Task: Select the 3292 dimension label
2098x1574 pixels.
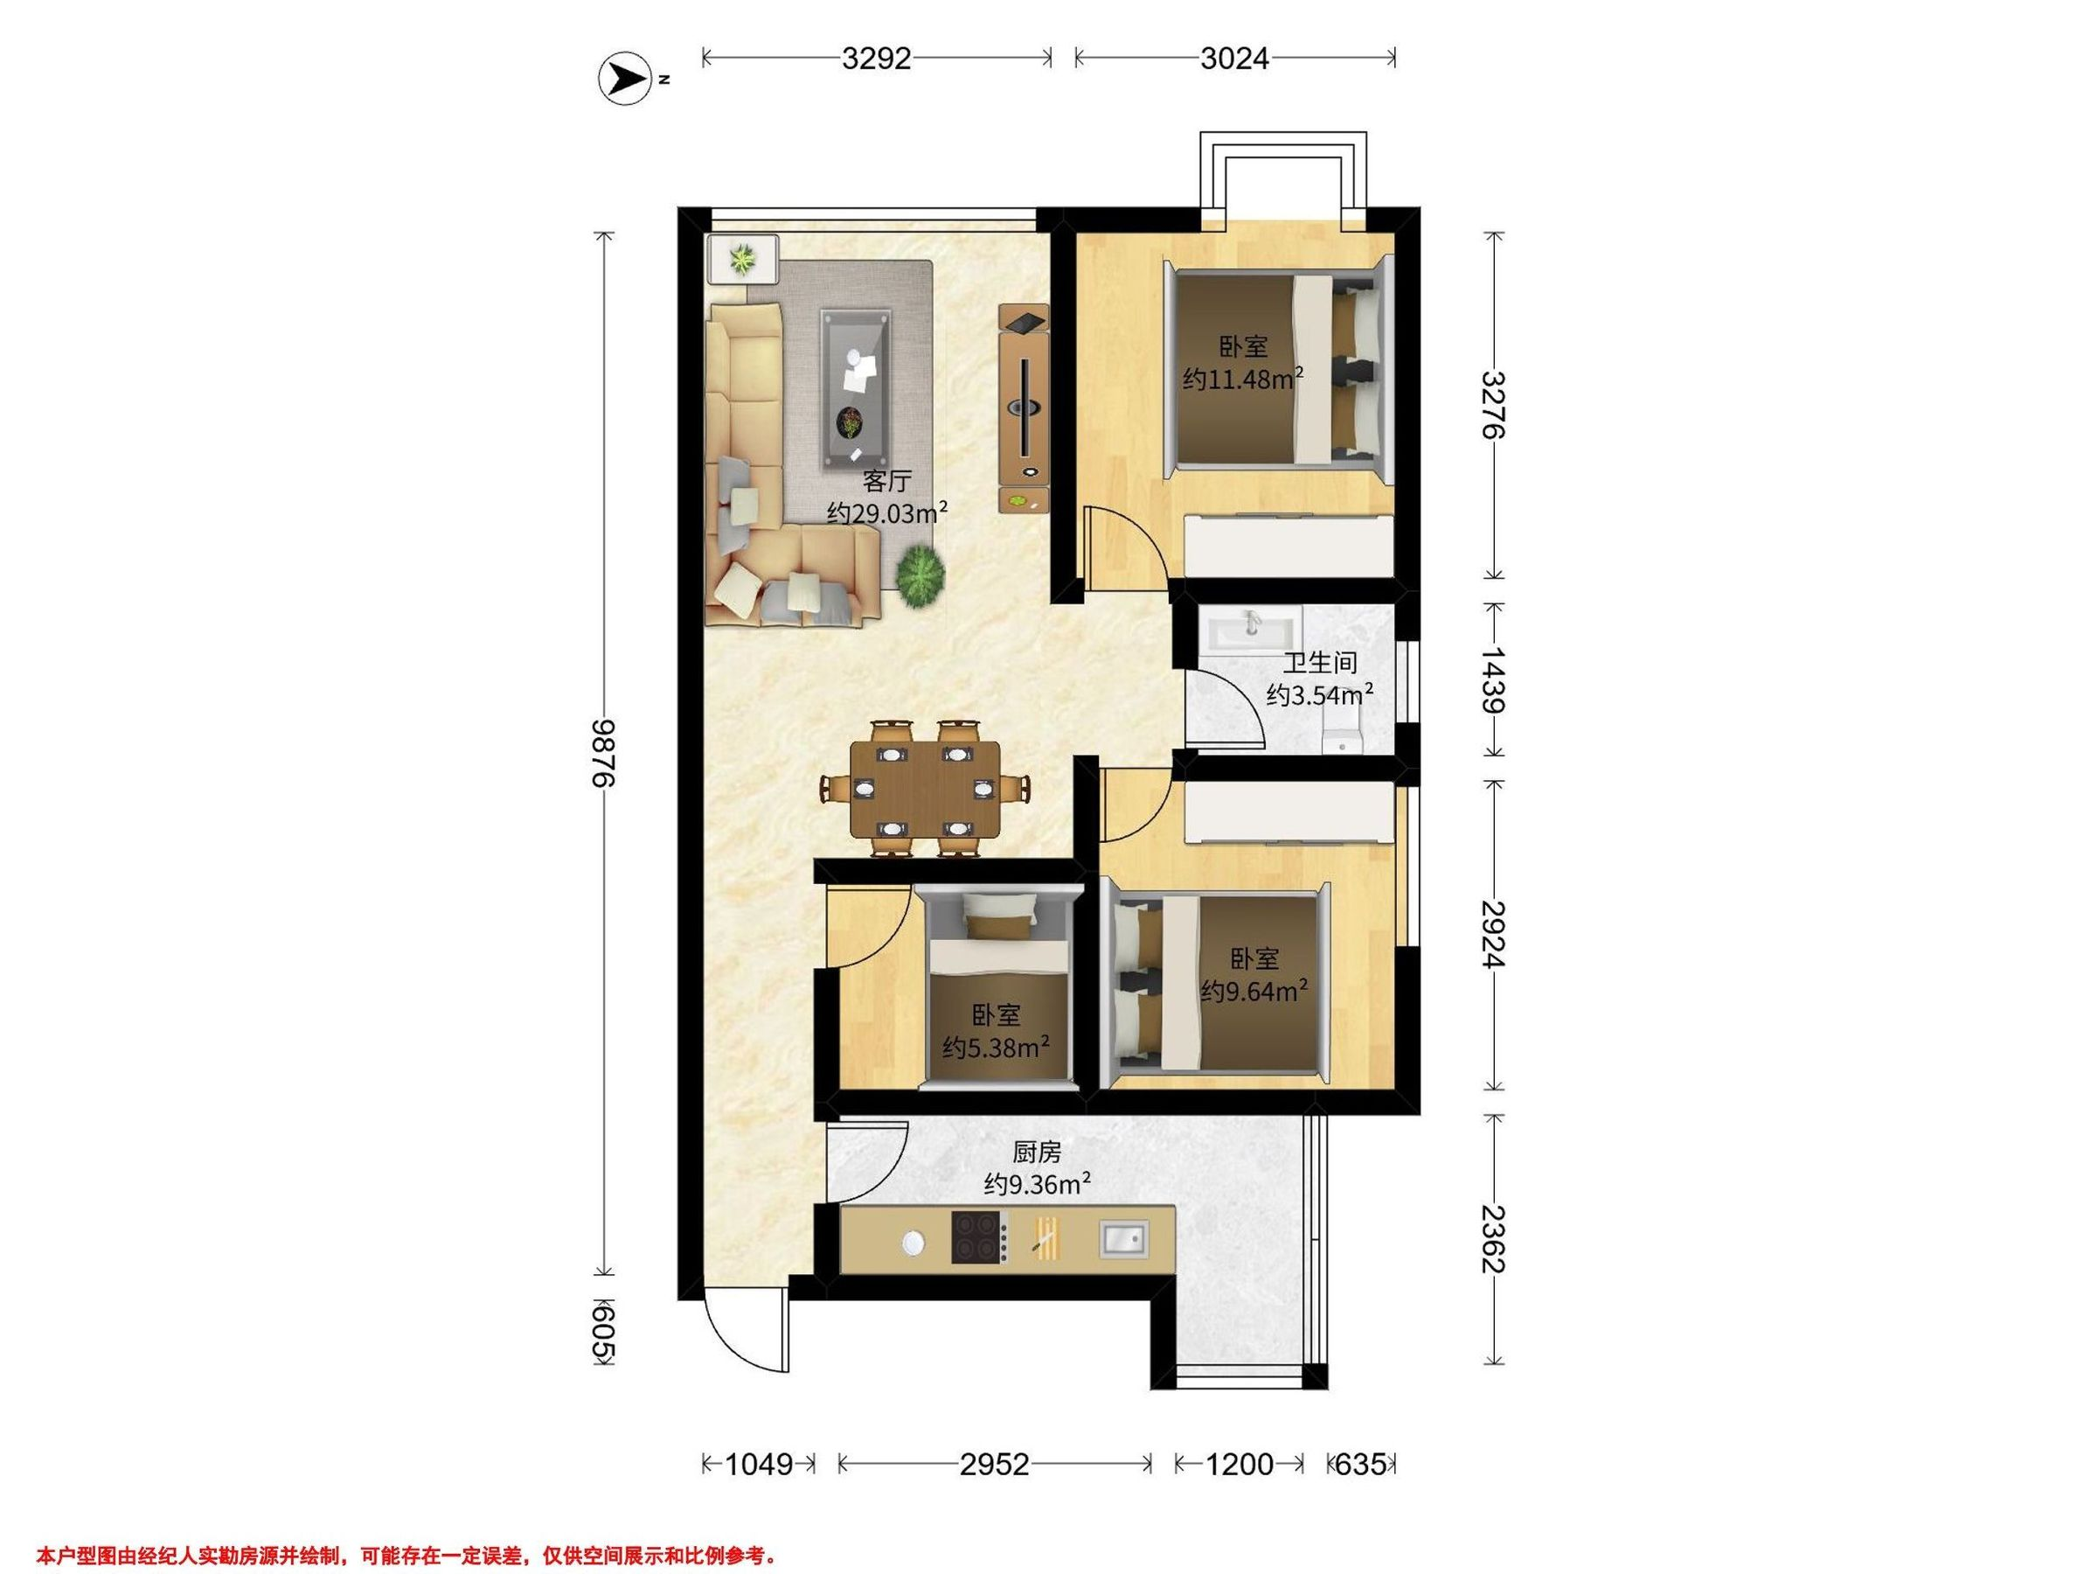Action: pos(877,59)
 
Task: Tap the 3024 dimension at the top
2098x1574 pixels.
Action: pos(1234,59)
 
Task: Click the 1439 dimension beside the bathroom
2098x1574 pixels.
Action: pos(1494,679)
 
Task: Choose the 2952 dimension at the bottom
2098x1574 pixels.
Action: pos(994,1465)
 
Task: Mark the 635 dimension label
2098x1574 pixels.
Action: pos(1361,1465)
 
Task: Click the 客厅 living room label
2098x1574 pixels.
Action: pos(886,481)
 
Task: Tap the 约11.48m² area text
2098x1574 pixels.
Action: pos(1242,380)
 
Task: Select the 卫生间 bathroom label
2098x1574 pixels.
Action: pos(1320,662)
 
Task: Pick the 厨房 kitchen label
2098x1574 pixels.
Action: pos(1037,1153)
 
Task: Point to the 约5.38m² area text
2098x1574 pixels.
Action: pos(996,1048)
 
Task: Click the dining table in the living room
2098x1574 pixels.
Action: pos(925,789)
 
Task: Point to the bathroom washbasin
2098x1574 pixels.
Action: pos(1250,629)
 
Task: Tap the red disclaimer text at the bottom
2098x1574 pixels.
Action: pos(406,1529)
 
